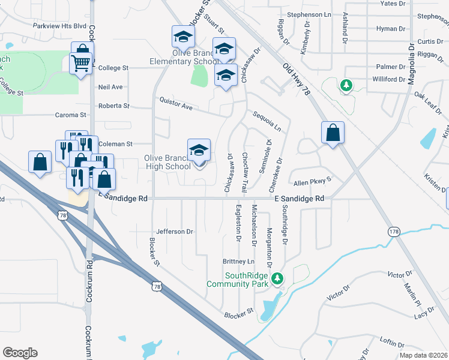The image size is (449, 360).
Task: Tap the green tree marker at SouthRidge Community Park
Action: tap(277, 278)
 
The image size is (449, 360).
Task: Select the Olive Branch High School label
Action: tap(167, 162)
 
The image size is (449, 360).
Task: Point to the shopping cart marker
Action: tap(80, 62)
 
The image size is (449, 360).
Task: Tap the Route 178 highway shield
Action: tap(394, 232)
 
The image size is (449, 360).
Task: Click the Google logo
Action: tap(20, 353)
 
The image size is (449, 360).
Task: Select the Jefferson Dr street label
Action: tap(175, 231)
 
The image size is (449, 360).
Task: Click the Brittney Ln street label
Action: tap(239, 262)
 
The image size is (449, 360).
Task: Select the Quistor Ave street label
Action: tap(175, 104)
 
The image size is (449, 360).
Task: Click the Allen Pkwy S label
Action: tap(312, 182)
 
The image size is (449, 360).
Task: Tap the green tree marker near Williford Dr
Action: tap(346, 86)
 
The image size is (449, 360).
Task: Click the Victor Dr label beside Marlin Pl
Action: tap(399, 274)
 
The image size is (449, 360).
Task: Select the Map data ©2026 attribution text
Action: tap(424, 355)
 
